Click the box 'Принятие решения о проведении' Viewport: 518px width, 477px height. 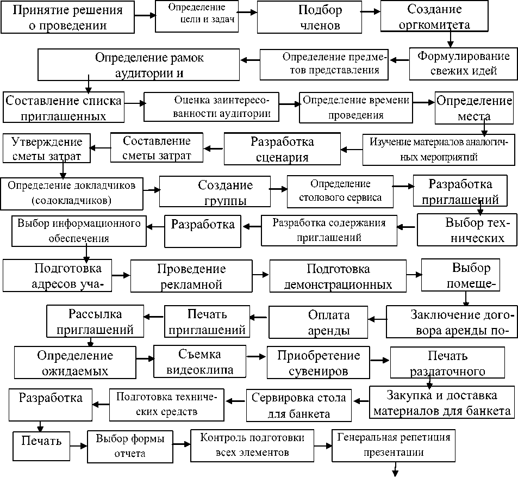(67, 18)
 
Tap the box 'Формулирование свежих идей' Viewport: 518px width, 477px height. (463, 64)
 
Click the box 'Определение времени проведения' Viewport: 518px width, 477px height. (356, 107)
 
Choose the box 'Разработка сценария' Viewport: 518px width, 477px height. (282, 150)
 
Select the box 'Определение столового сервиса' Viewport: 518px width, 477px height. (341, 191)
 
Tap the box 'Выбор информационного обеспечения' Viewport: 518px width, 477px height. (79, 231)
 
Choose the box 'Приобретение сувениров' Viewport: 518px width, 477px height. (318, 363)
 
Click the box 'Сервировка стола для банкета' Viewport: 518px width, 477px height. (298, 405)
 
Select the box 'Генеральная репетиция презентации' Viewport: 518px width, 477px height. (394, 444)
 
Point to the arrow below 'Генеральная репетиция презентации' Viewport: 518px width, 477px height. (395, 469)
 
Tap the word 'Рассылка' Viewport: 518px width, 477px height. (95, 314)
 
